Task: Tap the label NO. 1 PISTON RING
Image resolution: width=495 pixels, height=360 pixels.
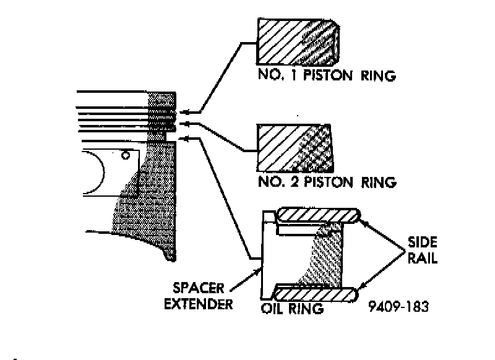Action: point(326,76)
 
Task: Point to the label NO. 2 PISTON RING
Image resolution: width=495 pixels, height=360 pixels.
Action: point(326,182)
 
